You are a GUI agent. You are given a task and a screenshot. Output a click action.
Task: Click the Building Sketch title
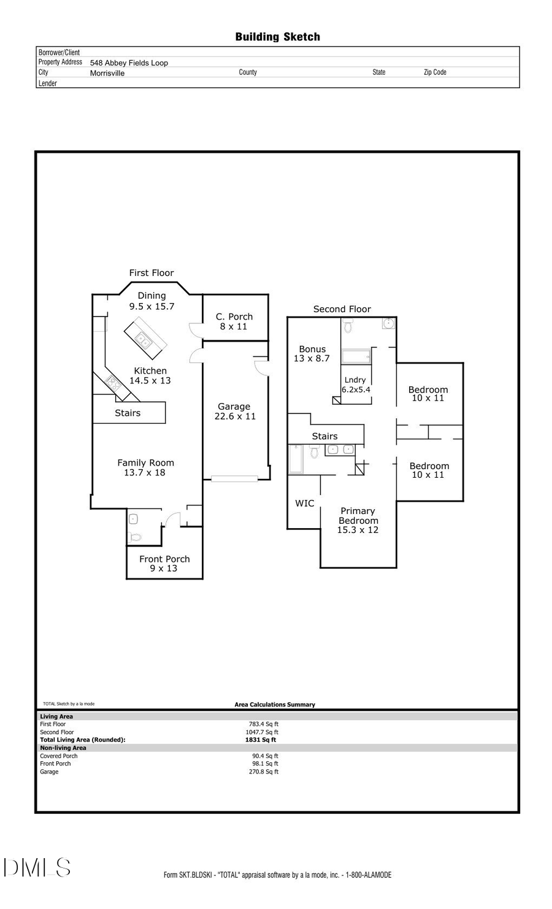click(x=277, y=37)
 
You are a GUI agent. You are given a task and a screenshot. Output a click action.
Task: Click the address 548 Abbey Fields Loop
click(x=129, y=63)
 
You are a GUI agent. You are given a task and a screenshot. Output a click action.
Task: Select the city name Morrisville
click(x=107, y=73)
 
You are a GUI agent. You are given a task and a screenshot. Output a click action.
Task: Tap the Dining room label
click(x=151, y=296)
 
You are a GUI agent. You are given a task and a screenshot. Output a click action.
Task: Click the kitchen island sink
click(x=143, y=339)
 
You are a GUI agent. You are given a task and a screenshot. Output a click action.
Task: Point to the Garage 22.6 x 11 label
click(x=234, y=411)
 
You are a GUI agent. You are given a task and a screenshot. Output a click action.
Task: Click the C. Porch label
click(x=234, y=317)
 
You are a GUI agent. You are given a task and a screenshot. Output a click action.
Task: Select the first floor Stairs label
click(x=128, y=413)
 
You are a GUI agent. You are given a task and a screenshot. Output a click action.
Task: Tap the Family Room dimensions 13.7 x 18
click(x=145, y=472)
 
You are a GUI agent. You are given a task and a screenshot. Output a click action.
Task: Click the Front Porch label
click(x=164, y=559)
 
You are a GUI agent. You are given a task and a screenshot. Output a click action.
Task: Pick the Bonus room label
click(x=312, y=349)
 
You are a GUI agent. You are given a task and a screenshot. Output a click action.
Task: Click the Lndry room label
click(x=355, y=380)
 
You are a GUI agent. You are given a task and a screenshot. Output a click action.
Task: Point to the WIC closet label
click(x=304, y=503)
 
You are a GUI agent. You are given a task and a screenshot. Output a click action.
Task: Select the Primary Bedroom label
click(x=358, y=515)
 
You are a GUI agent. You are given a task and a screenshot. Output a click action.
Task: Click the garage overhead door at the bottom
click(x=234, y=478)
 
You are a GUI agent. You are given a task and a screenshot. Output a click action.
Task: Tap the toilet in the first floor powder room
click(x=135, y=537)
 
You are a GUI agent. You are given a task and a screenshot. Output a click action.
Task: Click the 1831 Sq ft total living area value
click(x=261, y=740)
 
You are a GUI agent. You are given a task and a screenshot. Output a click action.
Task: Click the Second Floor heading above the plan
click(x=342, y=309)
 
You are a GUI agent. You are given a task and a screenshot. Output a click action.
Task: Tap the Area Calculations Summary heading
click(x=275, y=704)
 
